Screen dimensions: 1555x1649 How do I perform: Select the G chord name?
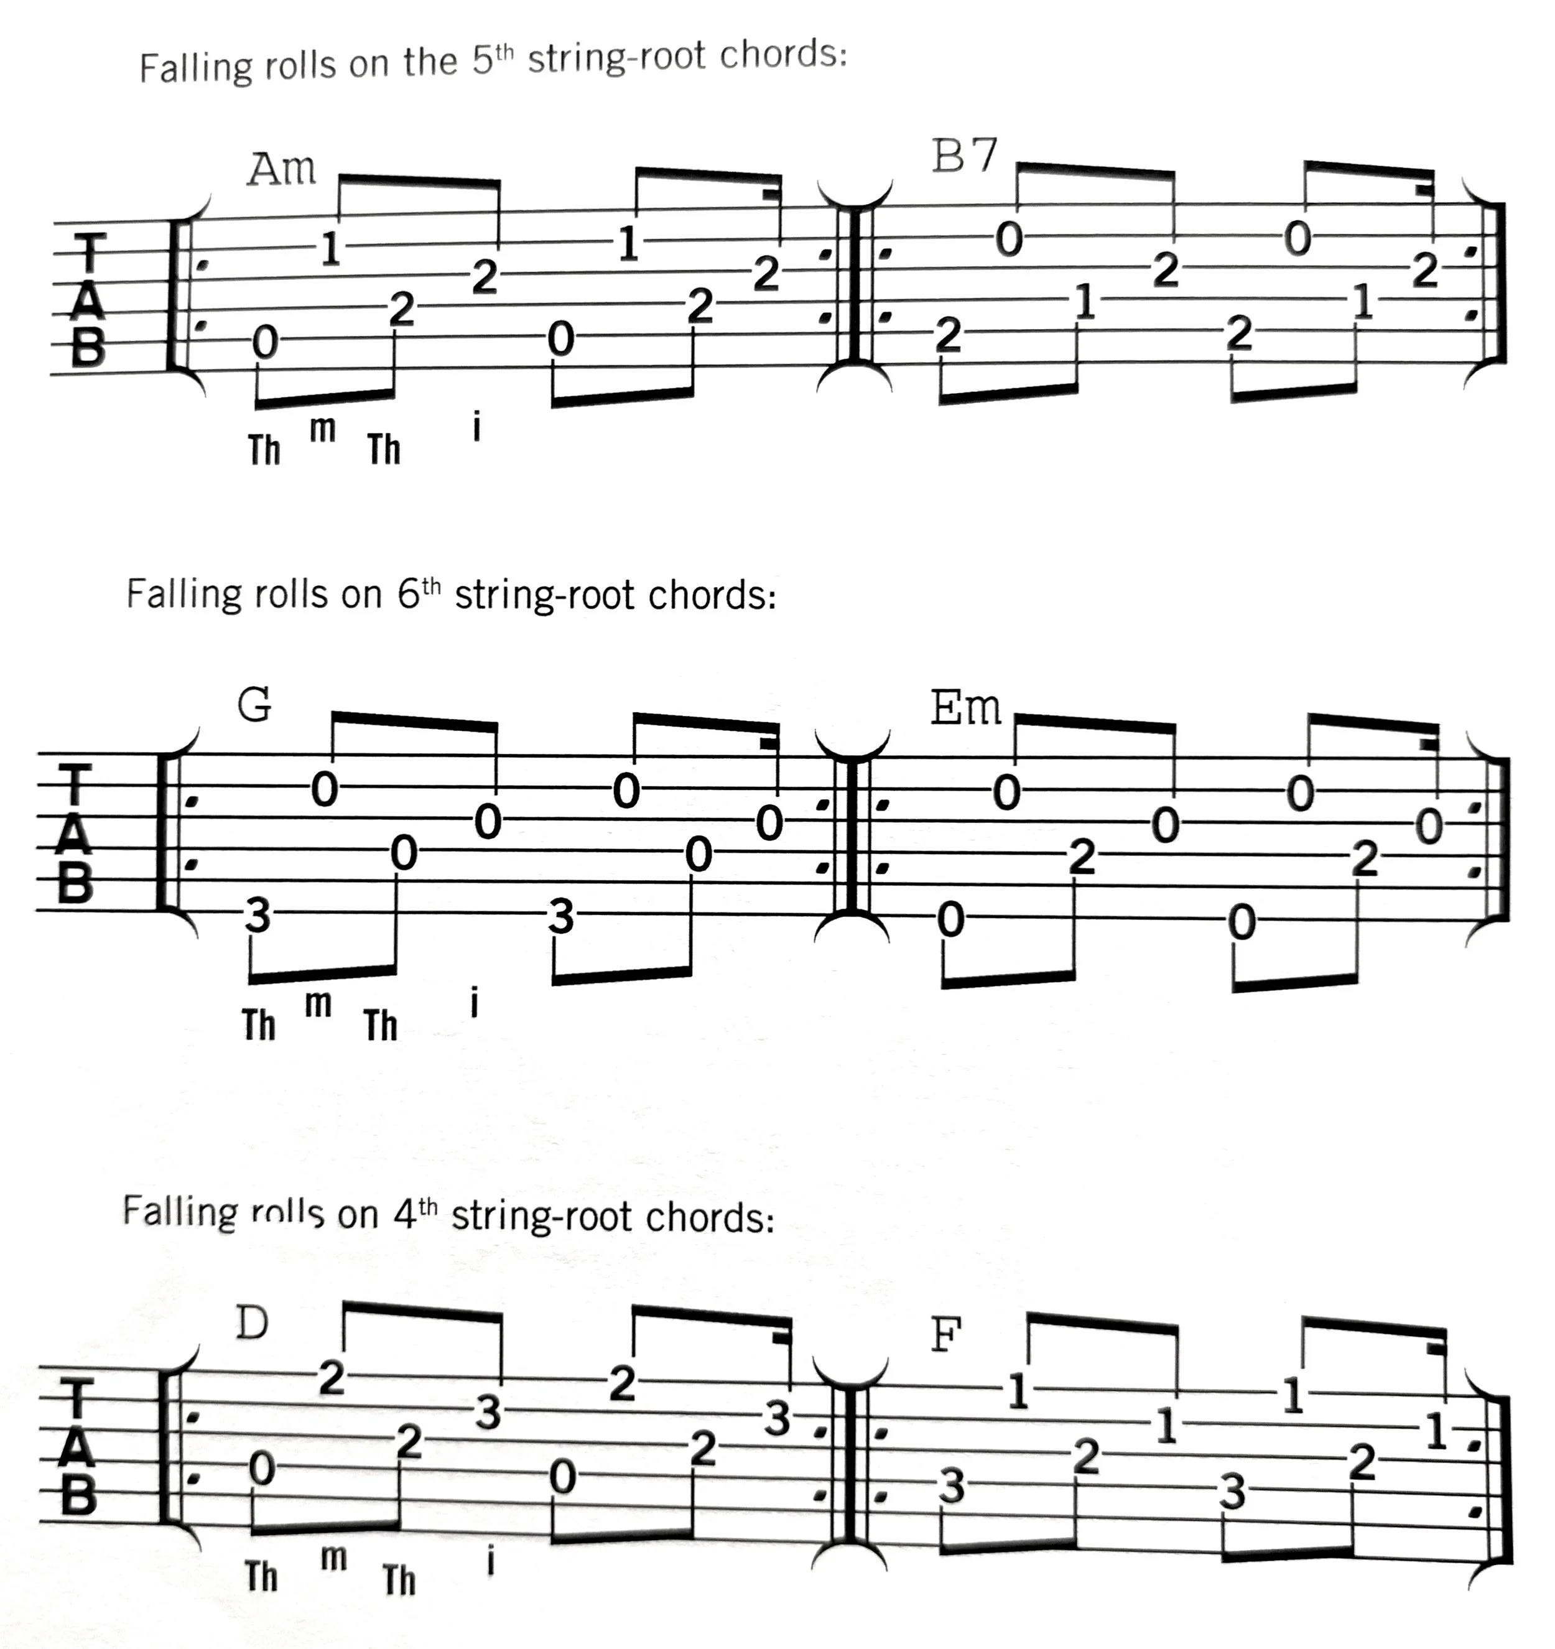click(x=254, y=705)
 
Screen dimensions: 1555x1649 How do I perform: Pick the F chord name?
click(x=945, y=1335)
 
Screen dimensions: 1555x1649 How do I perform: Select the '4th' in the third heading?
click(x=415, y=1215)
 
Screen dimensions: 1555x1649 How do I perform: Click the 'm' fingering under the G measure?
click(x=318, y=1005)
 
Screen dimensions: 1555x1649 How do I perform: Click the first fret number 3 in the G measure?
click(x=259, y=916)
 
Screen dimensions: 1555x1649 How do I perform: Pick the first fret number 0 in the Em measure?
click(x=950, y=919)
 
